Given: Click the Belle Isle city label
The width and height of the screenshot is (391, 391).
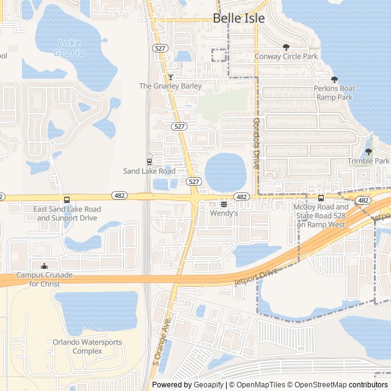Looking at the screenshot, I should click(x=239, y=18).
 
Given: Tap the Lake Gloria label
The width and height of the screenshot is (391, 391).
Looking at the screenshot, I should click(x=70, y=48).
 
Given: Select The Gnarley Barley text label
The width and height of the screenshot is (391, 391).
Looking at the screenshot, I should click(x=170, y=86).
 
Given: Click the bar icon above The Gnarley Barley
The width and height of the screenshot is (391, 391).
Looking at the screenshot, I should click(x=171, y=77).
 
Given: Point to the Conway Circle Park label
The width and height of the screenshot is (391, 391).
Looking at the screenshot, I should click(x=286, y=57).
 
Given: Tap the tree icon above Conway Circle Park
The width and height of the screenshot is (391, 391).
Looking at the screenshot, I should click(x=286, y=47).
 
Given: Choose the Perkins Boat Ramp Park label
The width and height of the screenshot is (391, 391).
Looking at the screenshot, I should click(x=334, y=93).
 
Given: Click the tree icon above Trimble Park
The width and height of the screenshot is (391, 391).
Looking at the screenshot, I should click(x=368, y=152).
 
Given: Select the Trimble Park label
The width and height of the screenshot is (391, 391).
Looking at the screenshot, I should click(x=368, y=161).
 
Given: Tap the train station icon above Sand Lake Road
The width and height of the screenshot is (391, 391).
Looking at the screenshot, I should click(x=150, y=162).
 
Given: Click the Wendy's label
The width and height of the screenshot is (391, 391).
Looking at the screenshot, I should click(x=224, y=214).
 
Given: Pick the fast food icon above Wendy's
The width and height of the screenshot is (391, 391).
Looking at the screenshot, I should click(x=224, y=204).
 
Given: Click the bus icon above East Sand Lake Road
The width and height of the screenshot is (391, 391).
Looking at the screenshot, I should click(x=67, y=200).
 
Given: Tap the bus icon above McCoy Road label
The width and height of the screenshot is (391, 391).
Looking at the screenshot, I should click(x=321, y=198).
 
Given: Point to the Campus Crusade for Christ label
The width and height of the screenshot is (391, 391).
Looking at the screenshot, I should click(x=44, y=279).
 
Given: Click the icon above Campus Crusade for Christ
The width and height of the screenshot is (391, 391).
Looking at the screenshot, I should click(x=44, y=266).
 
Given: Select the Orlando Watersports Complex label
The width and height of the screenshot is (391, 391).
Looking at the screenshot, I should click(x=87, y=346).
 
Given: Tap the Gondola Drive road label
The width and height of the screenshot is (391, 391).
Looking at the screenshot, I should click(x=256, y=143).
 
